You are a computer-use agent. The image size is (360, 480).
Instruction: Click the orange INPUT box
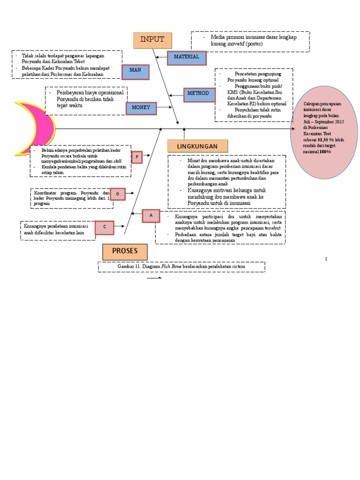point(152,40)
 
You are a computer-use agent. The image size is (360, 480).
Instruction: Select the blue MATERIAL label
point(187,57)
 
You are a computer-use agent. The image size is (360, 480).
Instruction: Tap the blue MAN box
point(136,72)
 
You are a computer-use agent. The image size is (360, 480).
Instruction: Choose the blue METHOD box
point(199,94)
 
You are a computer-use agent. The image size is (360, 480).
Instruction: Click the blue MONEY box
point(141,108)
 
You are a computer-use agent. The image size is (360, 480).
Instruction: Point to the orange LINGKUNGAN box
point(197,146)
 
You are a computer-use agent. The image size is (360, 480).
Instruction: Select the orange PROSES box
point(125,252)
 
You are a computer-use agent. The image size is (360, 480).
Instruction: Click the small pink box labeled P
point(137,157)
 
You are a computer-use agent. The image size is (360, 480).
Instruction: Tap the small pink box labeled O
point(118,193)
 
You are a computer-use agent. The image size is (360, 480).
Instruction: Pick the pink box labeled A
point(151,215)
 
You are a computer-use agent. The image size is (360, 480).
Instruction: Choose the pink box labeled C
point(105,228)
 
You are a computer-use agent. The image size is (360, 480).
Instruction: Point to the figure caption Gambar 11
point(181,267)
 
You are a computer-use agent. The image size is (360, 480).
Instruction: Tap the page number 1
point(326,259)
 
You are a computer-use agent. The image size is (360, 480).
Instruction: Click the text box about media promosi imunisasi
point(250,41)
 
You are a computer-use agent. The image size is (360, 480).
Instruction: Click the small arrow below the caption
point(154,278)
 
